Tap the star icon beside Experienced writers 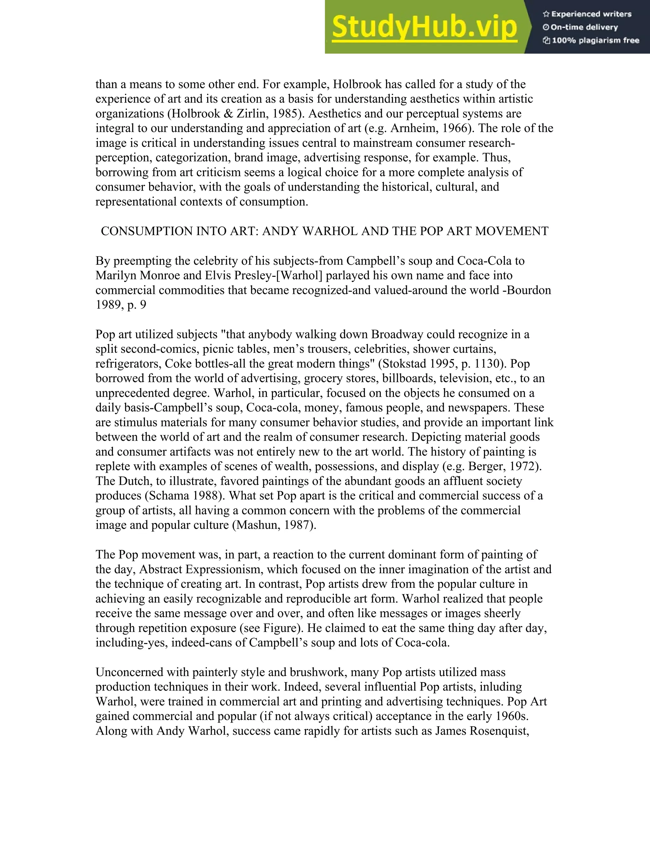(546, 14)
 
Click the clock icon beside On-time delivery (546, 27)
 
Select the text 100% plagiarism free (595, 40)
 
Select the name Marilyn (117, 276)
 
